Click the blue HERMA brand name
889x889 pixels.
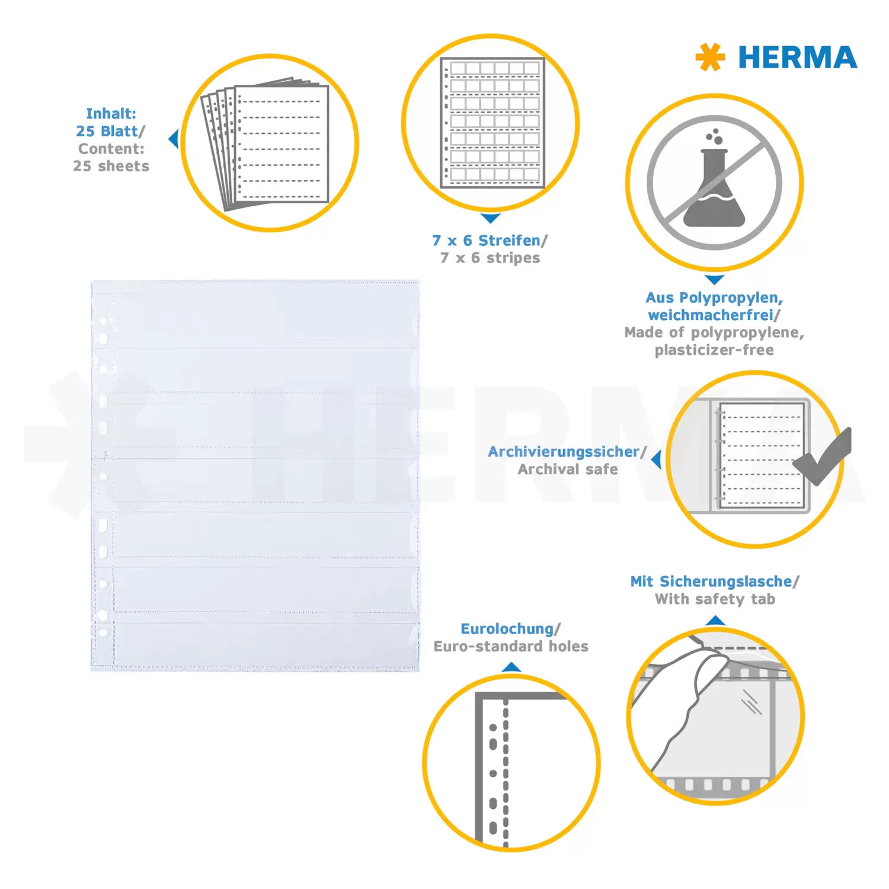(x=797, y=57)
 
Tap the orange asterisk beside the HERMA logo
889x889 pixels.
(x=710, y=57)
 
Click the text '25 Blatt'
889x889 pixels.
(x=107, y=131)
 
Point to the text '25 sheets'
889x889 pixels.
(x=111, y=166)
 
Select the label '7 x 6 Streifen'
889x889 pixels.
(x=486, y=241)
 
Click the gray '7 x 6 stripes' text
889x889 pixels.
(x=490, y=258)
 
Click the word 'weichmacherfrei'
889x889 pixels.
(x=711, y=315)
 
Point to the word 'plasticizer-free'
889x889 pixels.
(x=714, y=350)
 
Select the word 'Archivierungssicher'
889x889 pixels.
(x=564, y=452)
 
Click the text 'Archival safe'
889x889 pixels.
(x=568, y=469)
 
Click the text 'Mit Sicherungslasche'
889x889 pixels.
(x=711, y=581)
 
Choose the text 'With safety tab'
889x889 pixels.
(x=715, y=599)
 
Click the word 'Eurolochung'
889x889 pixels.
(x=507, y=629)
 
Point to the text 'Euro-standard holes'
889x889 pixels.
(x=511, y=646)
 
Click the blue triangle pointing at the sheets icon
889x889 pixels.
(x=173, y=139)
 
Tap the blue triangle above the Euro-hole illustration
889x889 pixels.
(x=511, y=667)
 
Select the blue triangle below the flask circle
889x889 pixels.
(x=715, y=280)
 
